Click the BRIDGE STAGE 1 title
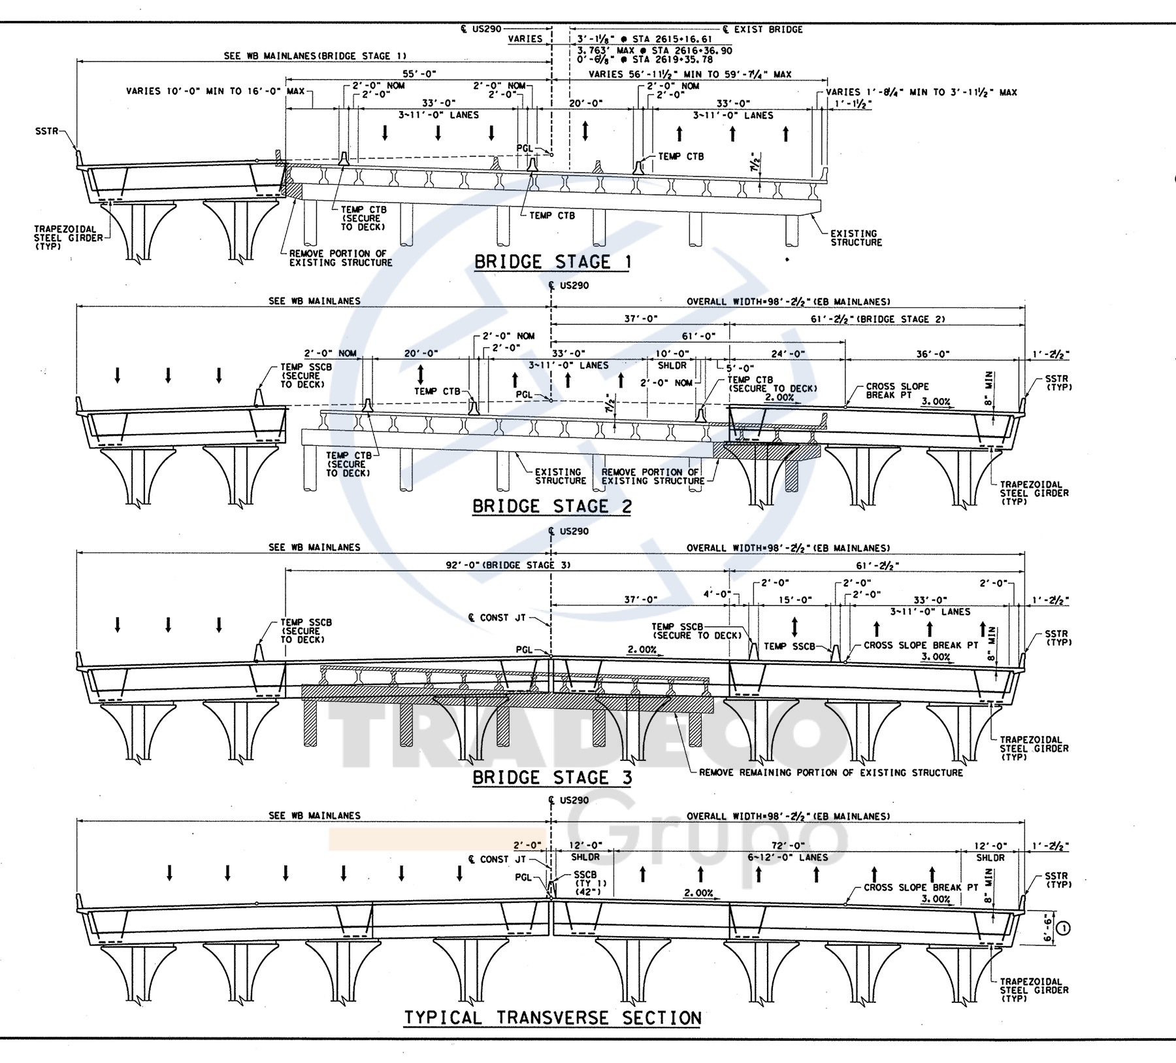click(553, 262)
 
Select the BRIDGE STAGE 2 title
click(551, 507)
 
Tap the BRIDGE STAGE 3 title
click(551, 777)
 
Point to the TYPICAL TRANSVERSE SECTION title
click(552, 1018)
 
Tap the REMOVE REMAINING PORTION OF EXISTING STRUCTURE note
click(830, 773)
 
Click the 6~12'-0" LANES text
click(788, 857)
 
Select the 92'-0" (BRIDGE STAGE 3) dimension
click(509, 565)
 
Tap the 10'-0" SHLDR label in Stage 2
click(671, 359)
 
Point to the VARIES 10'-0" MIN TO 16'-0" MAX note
click(215, 91)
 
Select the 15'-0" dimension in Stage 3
click(794, 599)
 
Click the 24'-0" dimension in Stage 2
click(789, 354)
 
